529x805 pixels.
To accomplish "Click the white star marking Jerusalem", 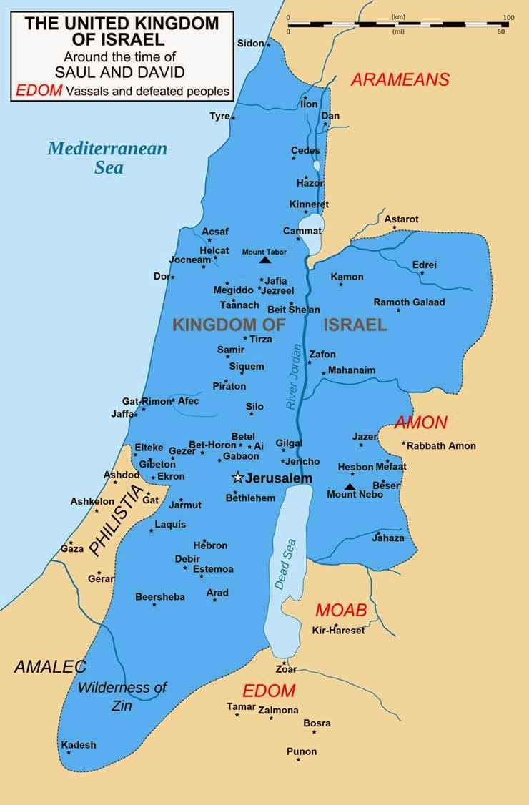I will pos(238,477).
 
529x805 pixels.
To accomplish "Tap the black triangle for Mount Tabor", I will pos(265,261).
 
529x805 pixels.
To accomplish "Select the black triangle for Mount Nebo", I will pos(350,487).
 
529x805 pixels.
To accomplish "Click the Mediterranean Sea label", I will pos(107,158).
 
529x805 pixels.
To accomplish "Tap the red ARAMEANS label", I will pos(400,79).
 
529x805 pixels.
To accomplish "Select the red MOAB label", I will pos(341,610).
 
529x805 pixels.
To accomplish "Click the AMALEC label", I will pos(50,667).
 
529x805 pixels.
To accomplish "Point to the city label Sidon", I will pos(250,44).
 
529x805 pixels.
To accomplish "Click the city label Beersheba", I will pos(160,596).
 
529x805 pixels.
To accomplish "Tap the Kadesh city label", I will pos(79,744).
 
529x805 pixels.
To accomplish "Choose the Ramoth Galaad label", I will pos(409,302).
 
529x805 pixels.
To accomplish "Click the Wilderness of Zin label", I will pos(122,695).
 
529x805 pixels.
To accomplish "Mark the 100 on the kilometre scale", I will pos(508,17).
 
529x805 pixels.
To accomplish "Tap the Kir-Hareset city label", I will pos(338,631).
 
